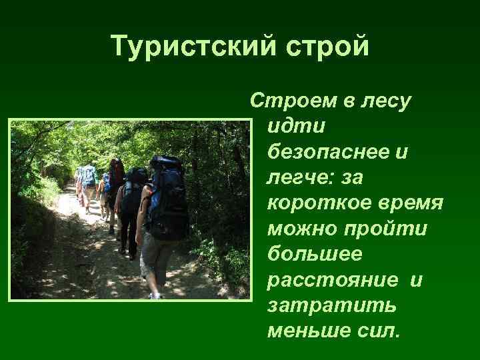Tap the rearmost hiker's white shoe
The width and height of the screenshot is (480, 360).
155,295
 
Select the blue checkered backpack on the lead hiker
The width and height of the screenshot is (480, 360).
89,175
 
